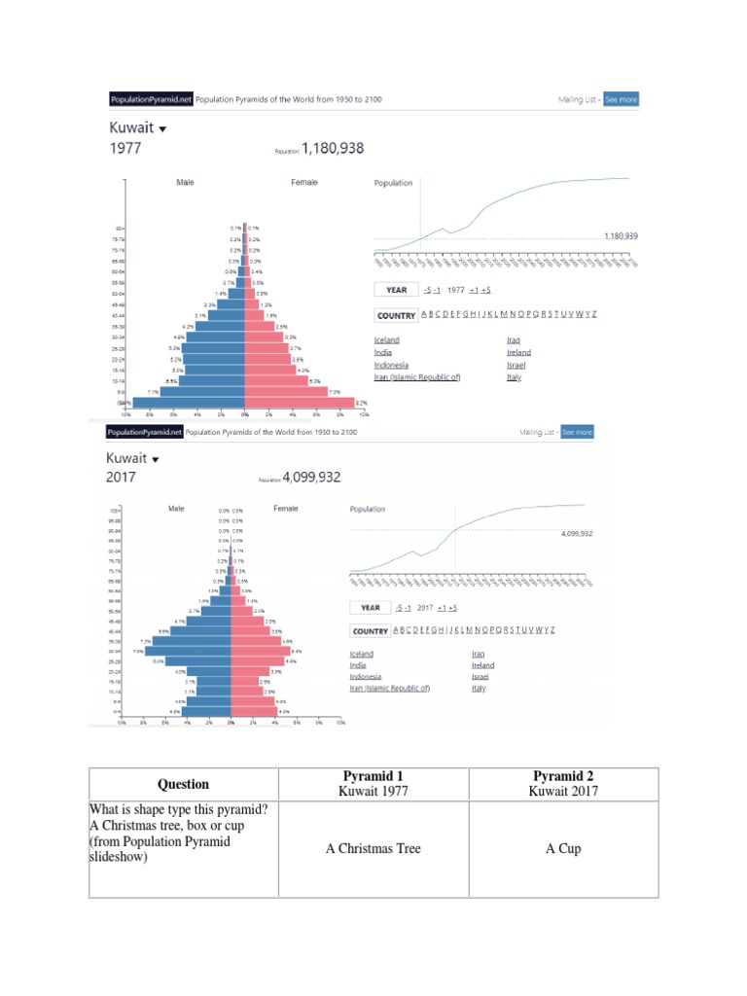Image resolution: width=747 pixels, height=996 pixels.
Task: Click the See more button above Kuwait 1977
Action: (x=621, y=99)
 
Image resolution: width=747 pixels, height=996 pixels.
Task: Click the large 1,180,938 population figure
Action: (x=334, y=149)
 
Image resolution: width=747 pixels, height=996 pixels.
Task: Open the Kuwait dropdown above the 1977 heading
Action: (x=162, y=128)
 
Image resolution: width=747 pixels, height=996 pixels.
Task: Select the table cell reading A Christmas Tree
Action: (x=373, y=848)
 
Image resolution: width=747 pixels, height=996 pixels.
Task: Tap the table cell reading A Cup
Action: (x=563, y=848)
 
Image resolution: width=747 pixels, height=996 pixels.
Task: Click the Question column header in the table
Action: (x=183, y=784)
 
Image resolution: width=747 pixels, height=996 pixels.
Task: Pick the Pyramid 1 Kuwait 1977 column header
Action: (x=373, y=784)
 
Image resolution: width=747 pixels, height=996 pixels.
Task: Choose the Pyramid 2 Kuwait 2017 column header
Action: (x=563, y=784)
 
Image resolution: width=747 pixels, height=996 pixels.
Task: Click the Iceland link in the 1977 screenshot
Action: (x=386, y=340)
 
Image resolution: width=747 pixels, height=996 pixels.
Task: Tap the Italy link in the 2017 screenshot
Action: (x=480, y=688)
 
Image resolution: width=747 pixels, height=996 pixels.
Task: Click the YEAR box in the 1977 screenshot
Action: (x=397, y=290)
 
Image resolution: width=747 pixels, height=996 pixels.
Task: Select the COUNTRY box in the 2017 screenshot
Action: (x=370, y=631)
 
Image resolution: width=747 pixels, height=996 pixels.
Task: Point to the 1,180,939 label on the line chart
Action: (x=621, y=235)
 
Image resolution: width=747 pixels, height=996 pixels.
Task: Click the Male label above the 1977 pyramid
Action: (x=185, y=182)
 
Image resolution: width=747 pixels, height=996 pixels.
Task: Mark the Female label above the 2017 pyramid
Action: (x=286, y=508)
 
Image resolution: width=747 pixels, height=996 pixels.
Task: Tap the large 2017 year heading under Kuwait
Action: (x=123, y=478)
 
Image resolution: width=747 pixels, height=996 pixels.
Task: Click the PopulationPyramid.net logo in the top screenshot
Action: (x=150, y=99)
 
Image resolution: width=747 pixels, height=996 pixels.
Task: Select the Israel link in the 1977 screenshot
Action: (x=516, y=366)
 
